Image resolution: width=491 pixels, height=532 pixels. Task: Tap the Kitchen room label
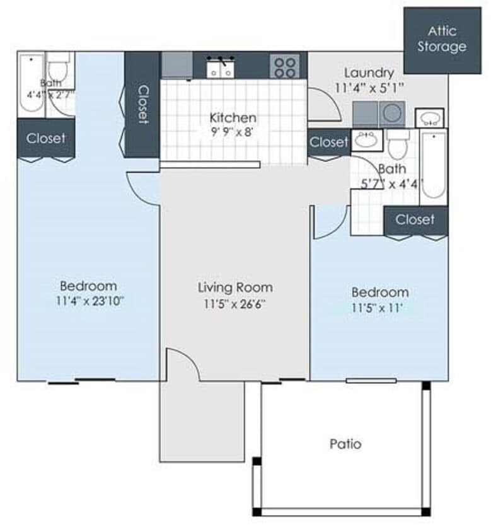(x=233, y=118)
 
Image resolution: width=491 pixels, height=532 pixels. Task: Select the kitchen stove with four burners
(x=285, y=66)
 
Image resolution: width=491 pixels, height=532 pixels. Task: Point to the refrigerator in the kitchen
(x=176, y=65)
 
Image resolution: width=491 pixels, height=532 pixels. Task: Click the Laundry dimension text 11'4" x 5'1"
(x=369, y=87)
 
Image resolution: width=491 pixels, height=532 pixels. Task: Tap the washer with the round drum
(x=392, y=113)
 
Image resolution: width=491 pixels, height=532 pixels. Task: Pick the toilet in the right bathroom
(x=398, y=145)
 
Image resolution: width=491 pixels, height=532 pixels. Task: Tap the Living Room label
(x=235, y=287)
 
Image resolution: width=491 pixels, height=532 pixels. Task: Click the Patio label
(x=346, y=444)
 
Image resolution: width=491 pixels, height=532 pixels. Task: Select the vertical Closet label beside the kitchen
(x=142, y=104)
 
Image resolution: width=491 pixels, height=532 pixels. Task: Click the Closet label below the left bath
(x=46, y=138)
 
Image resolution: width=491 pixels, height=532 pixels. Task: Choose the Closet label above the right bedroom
(x=415, y=219)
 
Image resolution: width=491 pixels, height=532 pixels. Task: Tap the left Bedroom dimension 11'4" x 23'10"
(x=89, y=301)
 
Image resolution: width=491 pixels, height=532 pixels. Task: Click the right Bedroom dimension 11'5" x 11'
(x=380, y=309)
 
